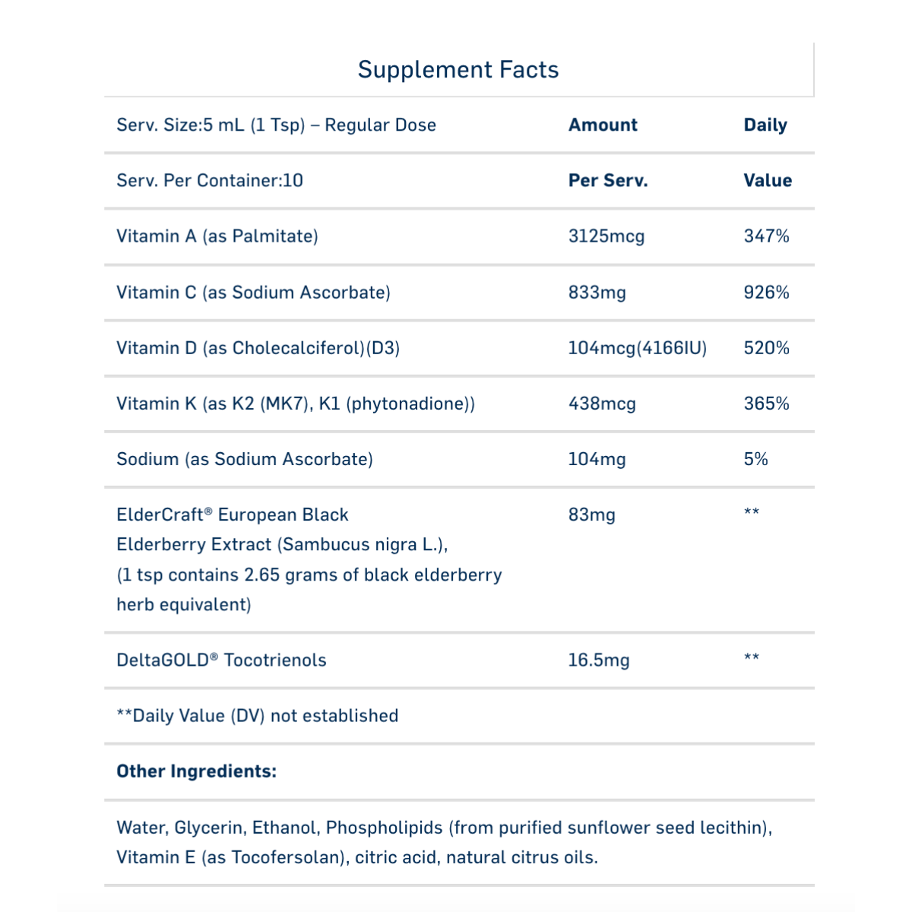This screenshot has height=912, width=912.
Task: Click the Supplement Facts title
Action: [x=458, y=70]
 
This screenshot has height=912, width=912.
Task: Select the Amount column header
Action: [x=603, y=125]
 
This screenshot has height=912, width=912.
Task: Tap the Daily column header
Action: [x=765, y=125]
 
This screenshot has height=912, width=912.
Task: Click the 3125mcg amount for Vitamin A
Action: [x=606, y=236]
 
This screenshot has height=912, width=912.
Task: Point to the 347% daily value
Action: [x=766, y=236]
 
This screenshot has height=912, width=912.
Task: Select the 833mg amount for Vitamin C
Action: [x=597, y=293]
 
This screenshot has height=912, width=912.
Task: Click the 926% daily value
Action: [x=766, y=293]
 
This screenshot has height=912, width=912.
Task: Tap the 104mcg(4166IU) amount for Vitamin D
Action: [x=637, y=348]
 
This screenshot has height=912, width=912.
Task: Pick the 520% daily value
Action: [x=766, y=348]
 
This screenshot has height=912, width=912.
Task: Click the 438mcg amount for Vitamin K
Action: [x=602, y=404]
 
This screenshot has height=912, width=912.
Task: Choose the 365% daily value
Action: [x=766, y=404]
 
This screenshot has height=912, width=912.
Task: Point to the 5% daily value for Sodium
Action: [x=755, y=459]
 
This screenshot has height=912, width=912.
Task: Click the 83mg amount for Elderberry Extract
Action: [x=591, y=515]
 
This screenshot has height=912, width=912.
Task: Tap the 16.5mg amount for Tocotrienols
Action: [x=598, y=660]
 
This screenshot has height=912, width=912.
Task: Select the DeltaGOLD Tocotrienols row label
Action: [x=221, y=660]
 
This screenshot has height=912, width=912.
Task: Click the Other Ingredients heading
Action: [x=196, y=771]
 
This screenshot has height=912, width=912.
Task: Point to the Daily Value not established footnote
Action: [x=257, y=716]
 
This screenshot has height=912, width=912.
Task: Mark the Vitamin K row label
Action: [x=295, y=404]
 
